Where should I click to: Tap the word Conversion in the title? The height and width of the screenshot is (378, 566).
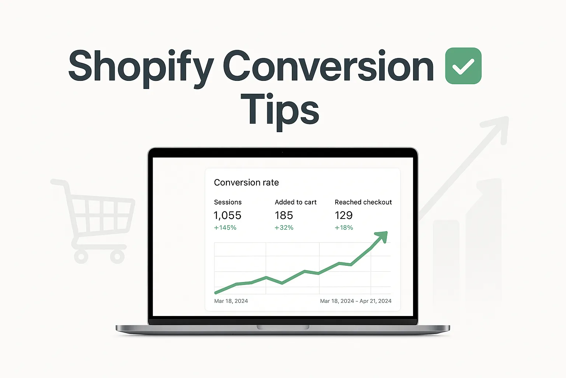click(x=328, y=66)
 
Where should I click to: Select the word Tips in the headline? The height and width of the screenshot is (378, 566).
click(x=280, y=110)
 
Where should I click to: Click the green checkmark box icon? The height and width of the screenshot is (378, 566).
click(x=463, y=66)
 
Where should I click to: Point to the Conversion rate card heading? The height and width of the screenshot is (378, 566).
click(x=246, y=182)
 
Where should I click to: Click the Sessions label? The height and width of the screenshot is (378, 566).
click(x=228, y=202)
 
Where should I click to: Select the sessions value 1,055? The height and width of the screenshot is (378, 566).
click(x=227, y=215)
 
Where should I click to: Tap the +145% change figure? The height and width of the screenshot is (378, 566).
click(x=225, y=228)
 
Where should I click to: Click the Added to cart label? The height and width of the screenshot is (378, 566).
click(x=296, y=202)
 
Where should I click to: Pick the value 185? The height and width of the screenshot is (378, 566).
click(x=284, y=215)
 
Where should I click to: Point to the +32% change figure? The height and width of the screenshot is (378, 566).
click(x=284, y=228)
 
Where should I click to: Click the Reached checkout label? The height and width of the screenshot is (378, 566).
click(x=363, y=202)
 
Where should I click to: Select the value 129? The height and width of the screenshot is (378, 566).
click(x=343, y=215)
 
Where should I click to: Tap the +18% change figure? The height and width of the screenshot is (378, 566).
click(x=343, y=228)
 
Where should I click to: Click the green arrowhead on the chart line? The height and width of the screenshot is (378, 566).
click(x=382, y=236)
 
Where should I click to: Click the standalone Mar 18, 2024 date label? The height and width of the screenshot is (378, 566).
click(x=231, y=301)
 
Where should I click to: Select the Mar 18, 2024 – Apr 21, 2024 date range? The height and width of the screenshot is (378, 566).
click(x=356, y=301)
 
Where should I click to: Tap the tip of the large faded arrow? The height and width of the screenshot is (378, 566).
click(x=506, y=120)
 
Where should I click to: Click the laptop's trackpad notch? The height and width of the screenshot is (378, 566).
click(x=283, y=327)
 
